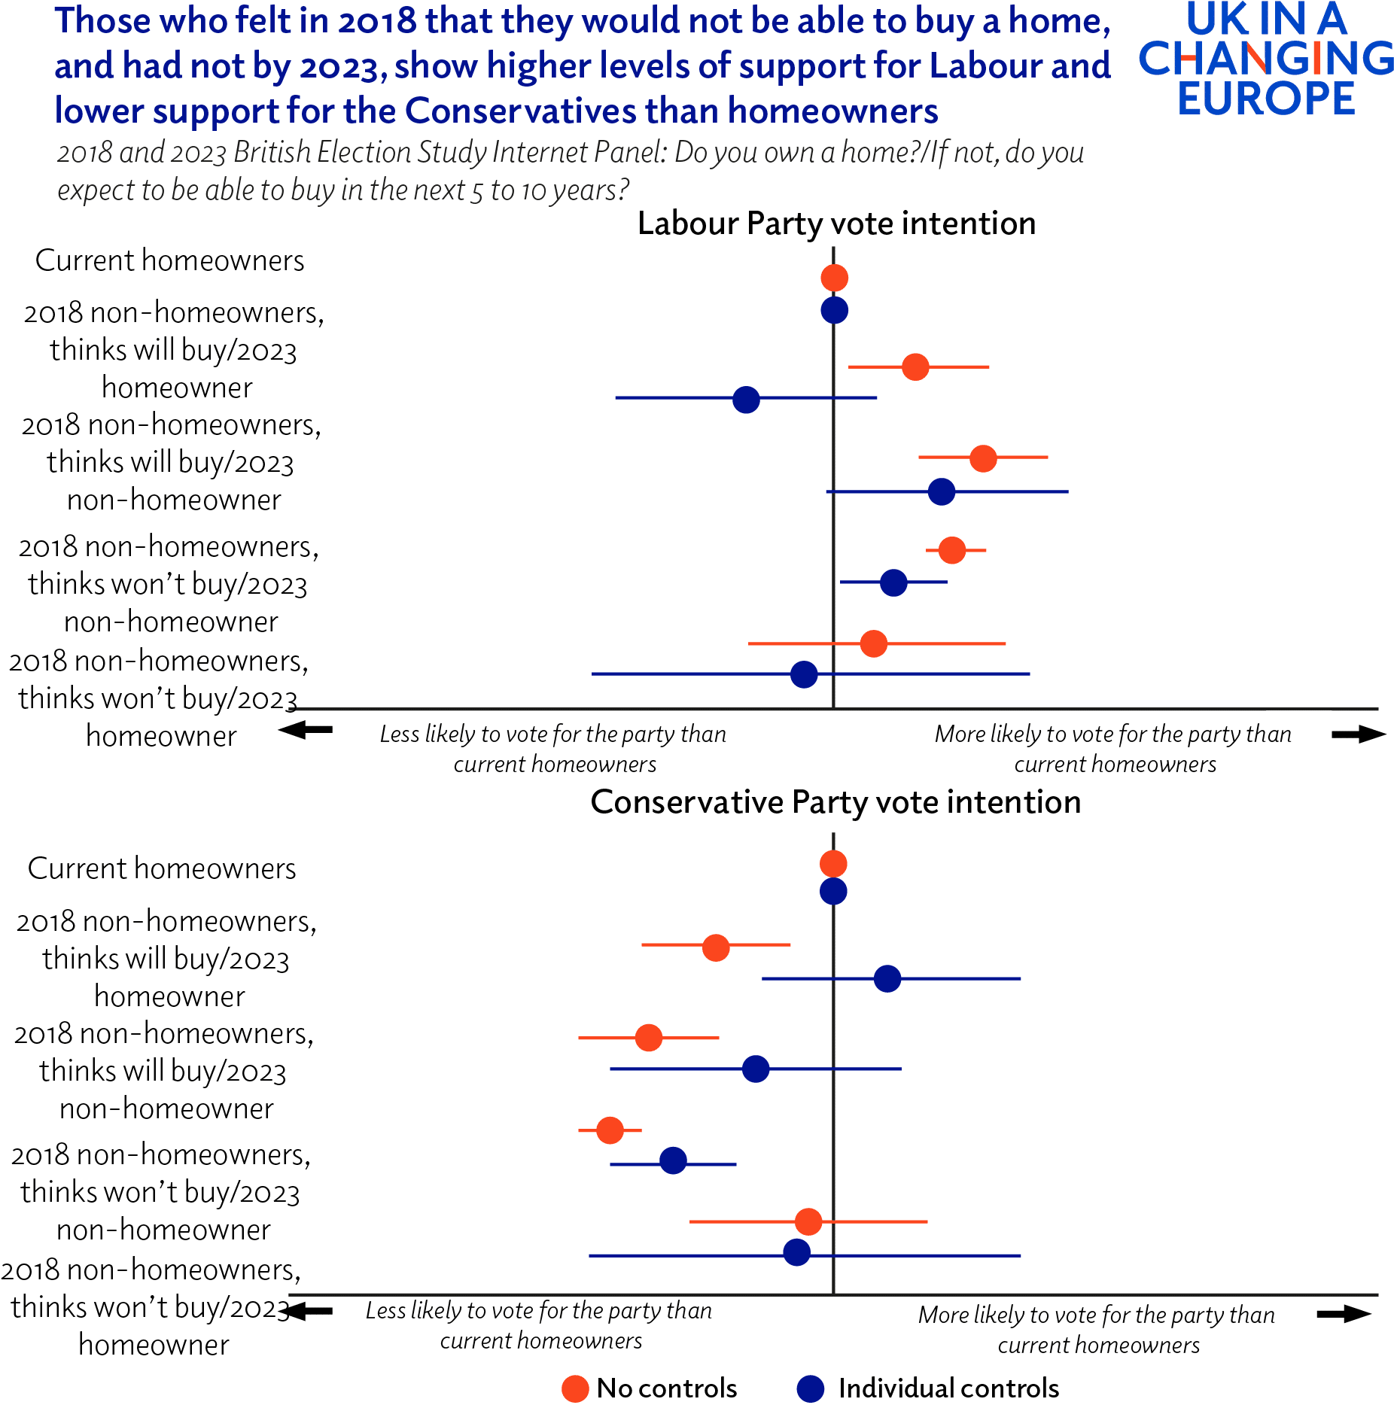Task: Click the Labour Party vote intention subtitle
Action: [836, 224]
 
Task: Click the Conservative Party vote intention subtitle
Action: [835, 802]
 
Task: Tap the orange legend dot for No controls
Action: [575, 1388]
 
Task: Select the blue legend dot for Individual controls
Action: [811, 1388]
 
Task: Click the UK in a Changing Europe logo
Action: [1267, 59]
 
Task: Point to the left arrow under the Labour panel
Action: [306, 729]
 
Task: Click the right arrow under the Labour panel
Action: [1358, 734]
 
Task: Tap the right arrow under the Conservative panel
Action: [1344, 1314]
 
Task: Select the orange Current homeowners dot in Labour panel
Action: [834, 278]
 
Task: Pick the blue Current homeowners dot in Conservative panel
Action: [833, 892]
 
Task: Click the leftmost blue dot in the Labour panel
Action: [746, 400]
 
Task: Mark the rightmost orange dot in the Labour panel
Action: [983, 458]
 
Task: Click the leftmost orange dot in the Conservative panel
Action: [610, 1130]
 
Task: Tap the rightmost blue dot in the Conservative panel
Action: [887, 978]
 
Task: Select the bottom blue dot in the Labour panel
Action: [804, 674]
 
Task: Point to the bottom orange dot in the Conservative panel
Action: [808, 1221]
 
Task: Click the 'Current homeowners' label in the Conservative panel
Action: [162, 868]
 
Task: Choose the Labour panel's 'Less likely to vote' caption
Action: [553, 748]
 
